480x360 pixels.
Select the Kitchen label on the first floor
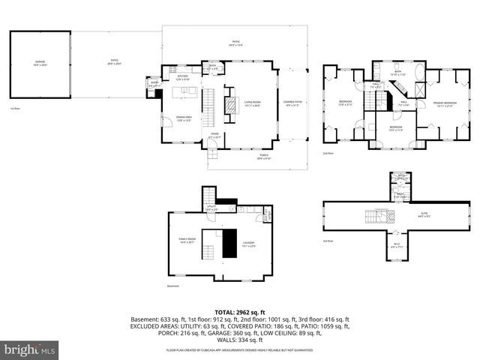pos(183,76)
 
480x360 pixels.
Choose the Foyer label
pos(214,135)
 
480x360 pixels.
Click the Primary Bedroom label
pos(446,103)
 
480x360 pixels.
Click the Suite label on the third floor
pos(424,216)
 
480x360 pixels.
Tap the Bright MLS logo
pos(30,349)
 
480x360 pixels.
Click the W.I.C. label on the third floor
pos(396,244)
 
